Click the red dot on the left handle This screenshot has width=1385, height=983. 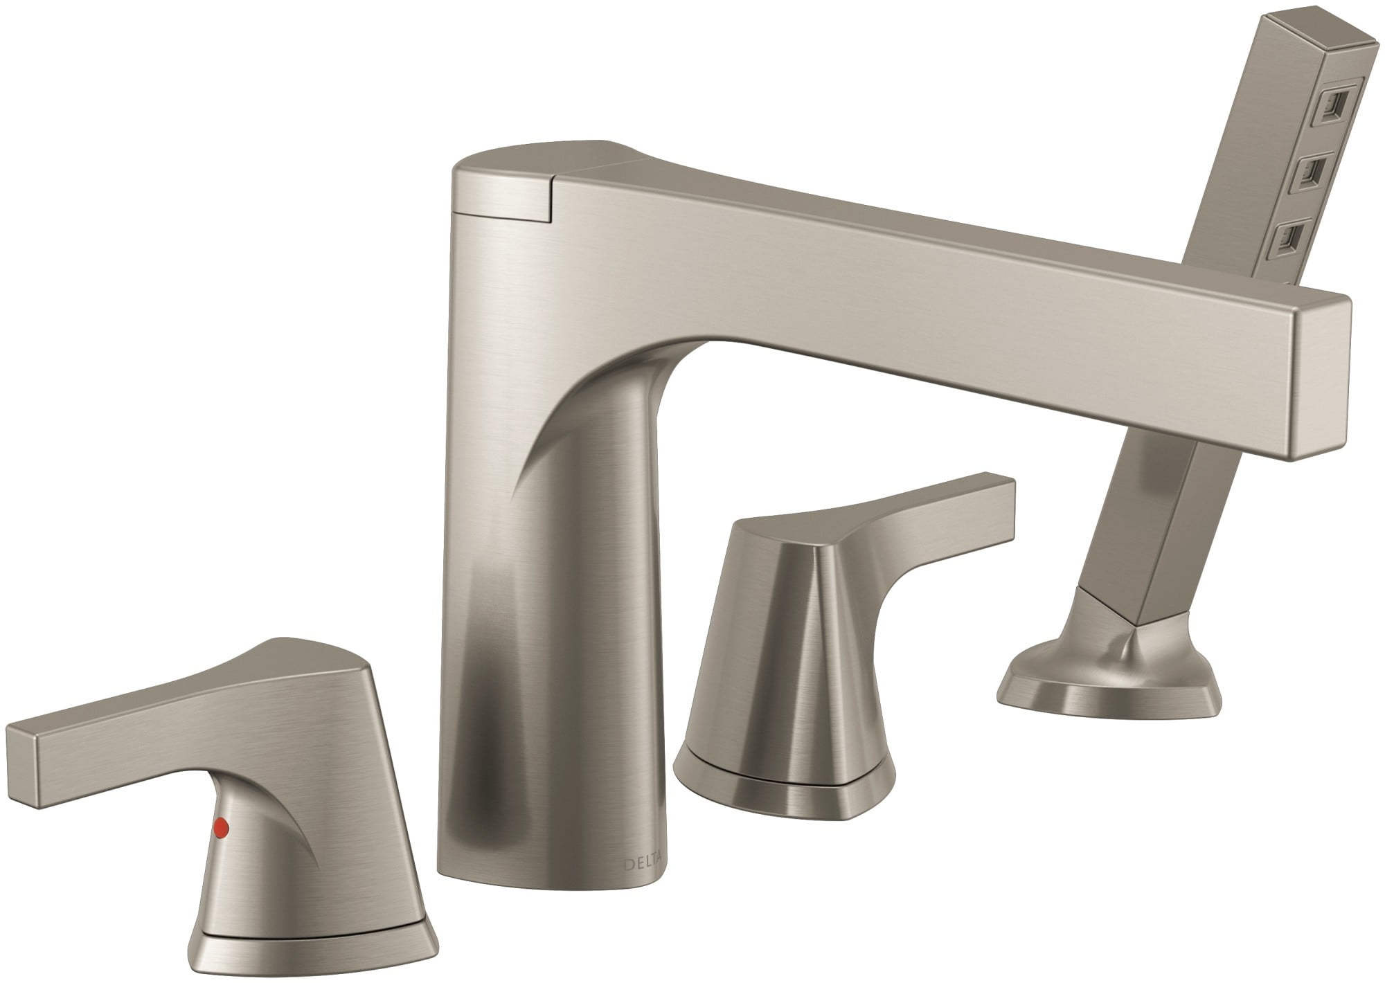click(x=222, y=826)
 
